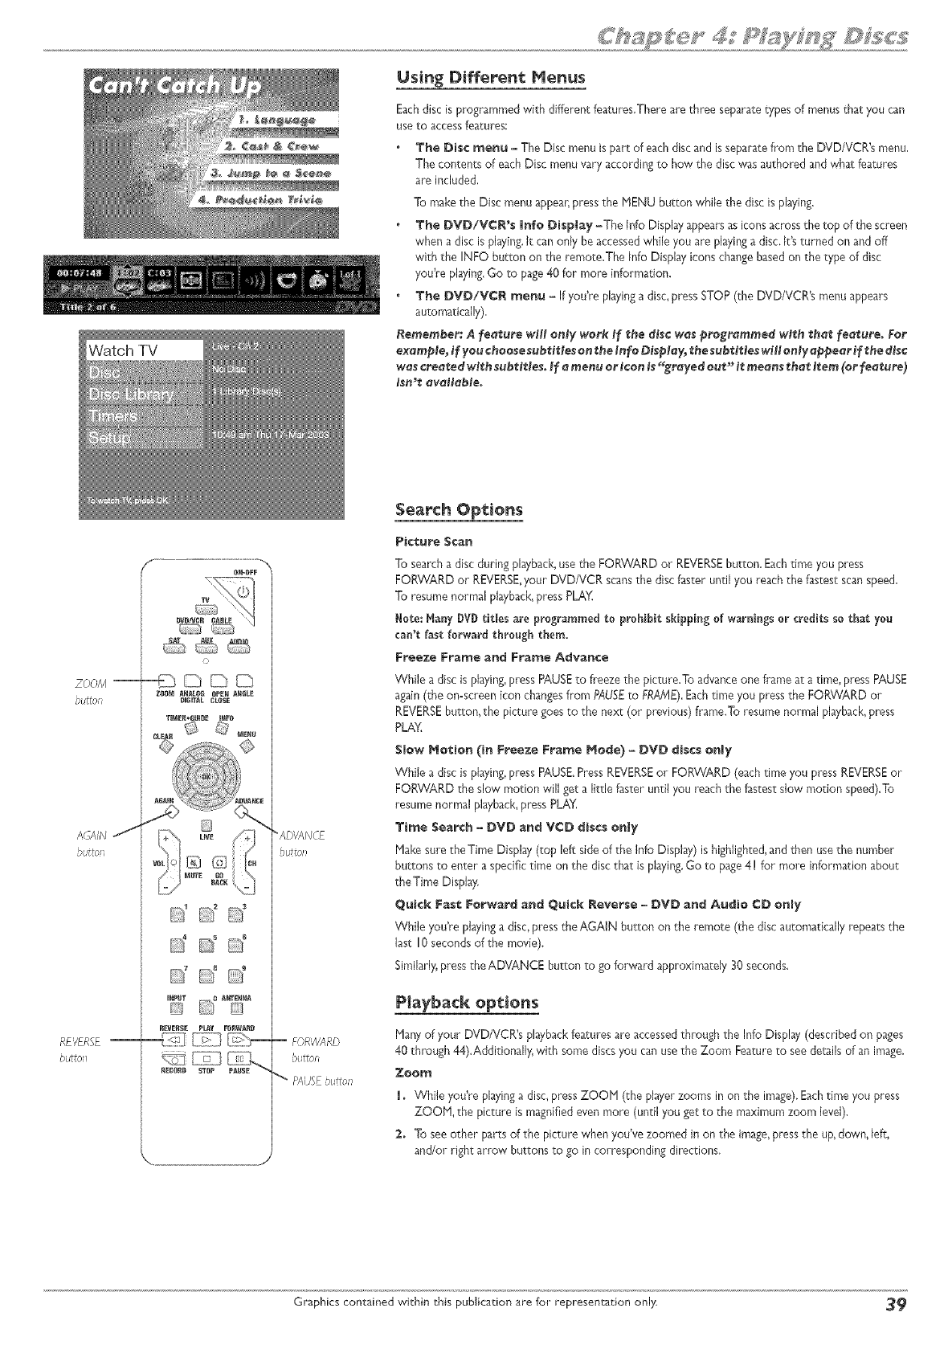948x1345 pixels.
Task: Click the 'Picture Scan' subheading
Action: point(433,540)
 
